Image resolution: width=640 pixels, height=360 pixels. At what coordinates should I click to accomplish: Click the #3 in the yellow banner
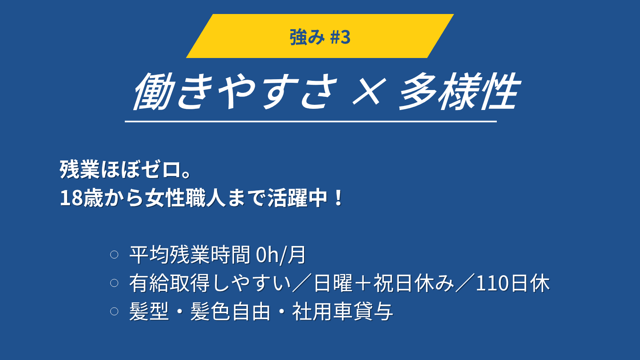[340, 37]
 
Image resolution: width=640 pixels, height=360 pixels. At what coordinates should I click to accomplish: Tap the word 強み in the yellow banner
[307, 37]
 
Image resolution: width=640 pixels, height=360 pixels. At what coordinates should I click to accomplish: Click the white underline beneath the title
[310, 122]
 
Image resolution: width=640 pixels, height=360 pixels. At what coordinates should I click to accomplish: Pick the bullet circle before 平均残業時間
[114, 254]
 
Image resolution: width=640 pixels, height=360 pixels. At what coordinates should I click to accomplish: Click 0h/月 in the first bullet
[280, 254]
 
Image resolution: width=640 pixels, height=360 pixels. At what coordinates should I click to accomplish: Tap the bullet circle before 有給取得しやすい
[114, 283]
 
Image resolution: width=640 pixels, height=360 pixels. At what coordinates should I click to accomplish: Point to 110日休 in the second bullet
[513, 283]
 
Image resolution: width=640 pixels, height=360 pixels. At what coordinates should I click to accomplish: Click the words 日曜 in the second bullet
[333, 283]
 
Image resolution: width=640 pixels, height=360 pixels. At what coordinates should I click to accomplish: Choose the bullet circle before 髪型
[114, 311]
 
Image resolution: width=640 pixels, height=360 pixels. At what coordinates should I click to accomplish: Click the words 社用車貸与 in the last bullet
[342, 312]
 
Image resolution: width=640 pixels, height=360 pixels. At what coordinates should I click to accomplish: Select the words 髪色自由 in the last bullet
[230, 312]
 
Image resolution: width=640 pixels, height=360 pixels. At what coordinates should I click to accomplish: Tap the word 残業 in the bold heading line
[80, 170]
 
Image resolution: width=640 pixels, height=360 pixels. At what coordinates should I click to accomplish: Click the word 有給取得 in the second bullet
[170, 283]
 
